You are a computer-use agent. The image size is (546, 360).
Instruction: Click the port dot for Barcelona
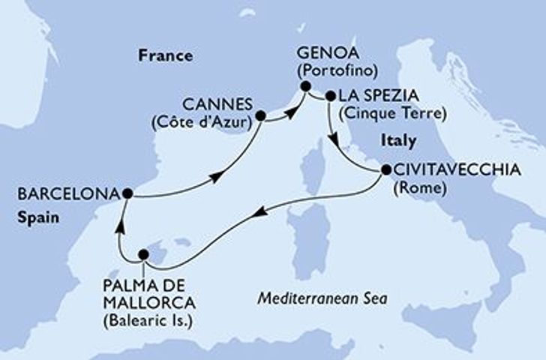tap(127, 193)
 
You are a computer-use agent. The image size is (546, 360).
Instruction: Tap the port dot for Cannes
tap(261, 115)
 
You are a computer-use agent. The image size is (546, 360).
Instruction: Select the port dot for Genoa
tap(306, 86)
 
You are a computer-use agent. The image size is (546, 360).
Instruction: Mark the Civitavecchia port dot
tap(385, 170)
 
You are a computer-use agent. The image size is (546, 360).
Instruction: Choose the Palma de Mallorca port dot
tap(144, 256)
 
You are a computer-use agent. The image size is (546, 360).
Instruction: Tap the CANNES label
tap(216, 106)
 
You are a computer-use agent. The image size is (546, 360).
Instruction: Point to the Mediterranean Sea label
tap(322, 298)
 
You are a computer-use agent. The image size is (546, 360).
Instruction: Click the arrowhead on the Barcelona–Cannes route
tap(217, 176)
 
